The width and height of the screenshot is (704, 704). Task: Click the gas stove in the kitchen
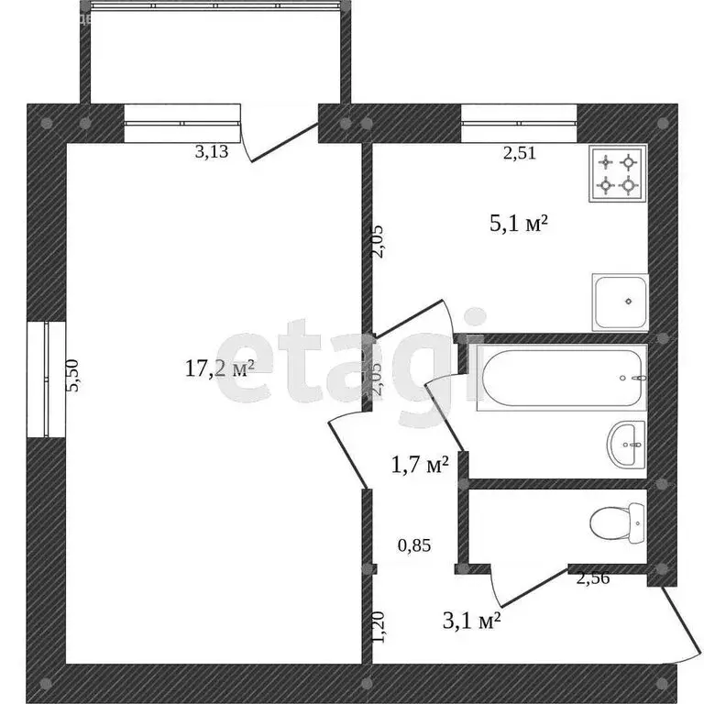[x=617, y=174]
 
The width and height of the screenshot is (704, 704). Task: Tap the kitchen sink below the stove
[x=620, y=302]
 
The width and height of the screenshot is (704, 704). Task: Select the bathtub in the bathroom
[x=562, y=379]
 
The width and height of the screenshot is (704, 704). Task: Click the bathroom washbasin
[x=627, y=445]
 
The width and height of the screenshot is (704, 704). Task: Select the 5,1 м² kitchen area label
[x=518, y=222]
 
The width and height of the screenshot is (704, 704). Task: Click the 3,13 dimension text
[x=213, y=153]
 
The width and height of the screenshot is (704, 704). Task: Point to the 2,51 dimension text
[x=519, y=153]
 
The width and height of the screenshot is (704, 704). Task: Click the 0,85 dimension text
[x=414, y=545]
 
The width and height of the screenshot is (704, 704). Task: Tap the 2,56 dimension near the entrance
[x=592, y=577]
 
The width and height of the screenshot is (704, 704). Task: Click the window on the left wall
[x=46, y=379]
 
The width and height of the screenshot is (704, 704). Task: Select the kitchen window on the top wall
[x=519, y=125]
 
